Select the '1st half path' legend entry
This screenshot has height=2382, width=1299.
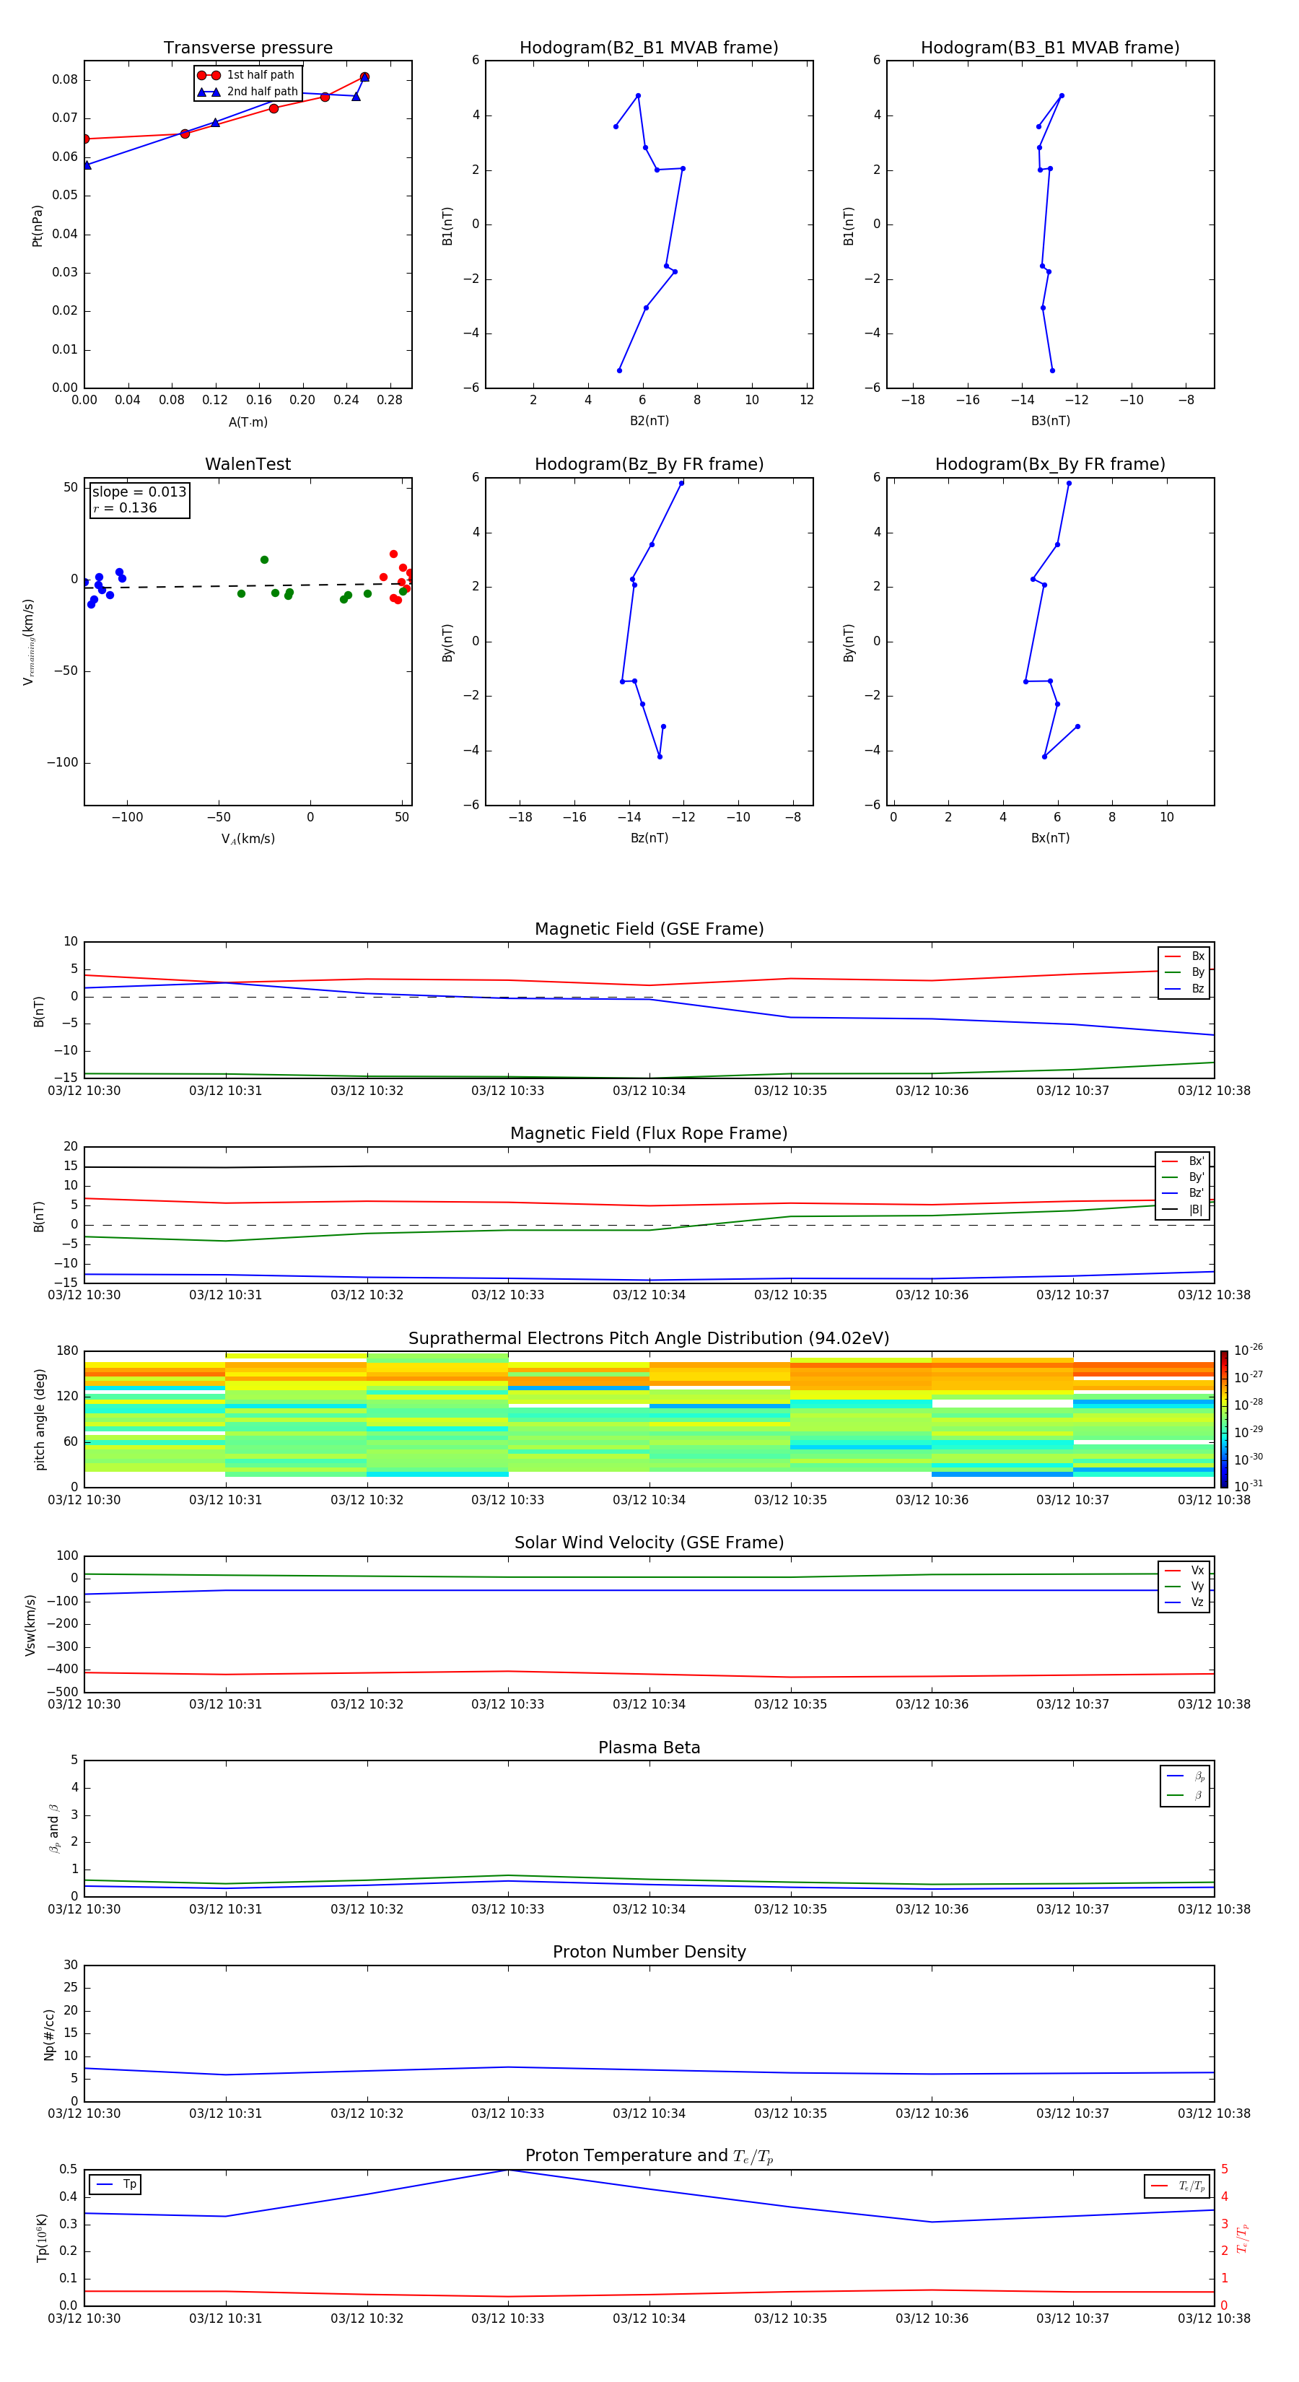coord(260,75)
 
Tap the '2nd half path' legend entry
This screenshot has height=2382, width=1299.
coord(262,92)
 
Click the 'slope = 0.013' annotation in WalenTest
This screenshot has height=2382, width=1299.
coord(139,492)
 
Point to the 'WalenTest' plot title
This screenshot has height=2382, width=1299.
coord(248,464)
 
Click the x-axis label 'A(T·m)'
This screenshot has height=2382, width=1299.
coord(248,422)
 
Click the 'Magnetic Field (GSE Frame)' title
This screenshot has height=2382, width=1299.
coord(649,929)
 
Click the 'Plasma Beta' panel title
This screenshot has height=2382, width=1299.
coord(649,1748)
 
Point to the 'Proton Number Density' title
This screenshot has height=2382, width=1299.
coord(649,1952)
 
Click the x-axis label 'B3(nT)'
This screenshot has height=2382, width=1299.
coord(1050,421)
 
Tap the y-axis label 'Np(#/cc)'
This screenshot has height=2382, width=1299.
coord(49,2033)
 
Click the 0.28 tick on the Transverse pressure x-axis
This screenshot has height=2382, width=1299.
coord(389,401)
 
